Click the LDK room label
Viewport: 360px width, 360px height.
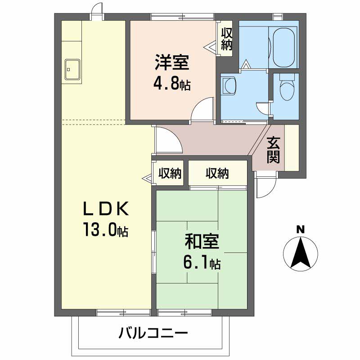click(106, 209)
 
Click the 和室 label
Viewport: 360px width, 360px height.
click(202, 242)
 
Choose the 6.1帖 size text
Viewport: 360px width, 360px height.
click(201, 262)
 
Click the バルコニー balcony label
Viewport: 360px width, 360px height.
click(153, 333)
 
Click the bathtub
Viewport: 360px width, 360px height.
click(283, 47)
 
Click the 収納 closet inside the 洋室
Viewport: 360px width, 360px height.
click(226, 39)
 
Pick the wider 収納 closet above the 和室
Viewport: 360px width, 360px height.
click(218, 173)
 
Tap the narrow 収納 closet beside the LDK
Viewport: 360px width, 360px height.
click(169, 173)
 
